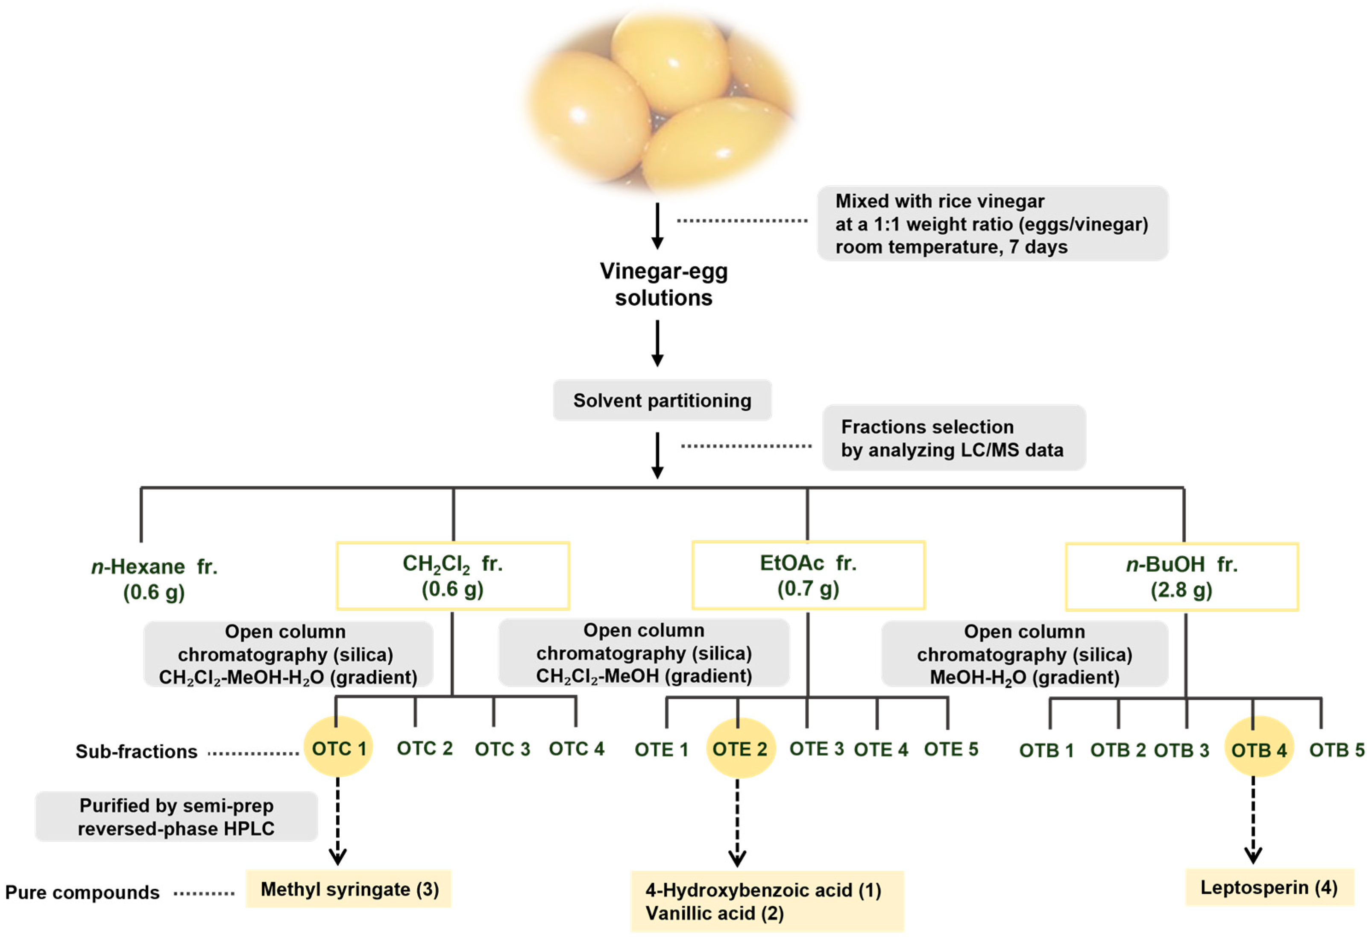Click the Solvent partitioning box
coord(662,400)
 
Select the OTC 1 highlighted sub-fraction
coord(338,748)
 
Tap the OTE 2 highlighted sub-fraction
coord(740,748)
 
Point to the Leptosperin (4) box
coord(1269,887)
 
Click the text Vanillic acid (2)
coord(714,913)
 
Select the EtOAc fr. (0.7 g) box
coord(808,575)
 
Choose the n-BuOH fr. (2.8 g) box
coord(1181,576)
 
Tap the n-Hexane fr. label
coord(154,566)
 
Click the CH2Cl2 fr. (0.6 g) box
coord(452,575)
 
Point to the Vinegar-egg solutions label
coord(663,284)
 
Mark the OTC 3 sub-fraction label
coord(502,748)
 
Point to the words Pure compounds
coord(82,892)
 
